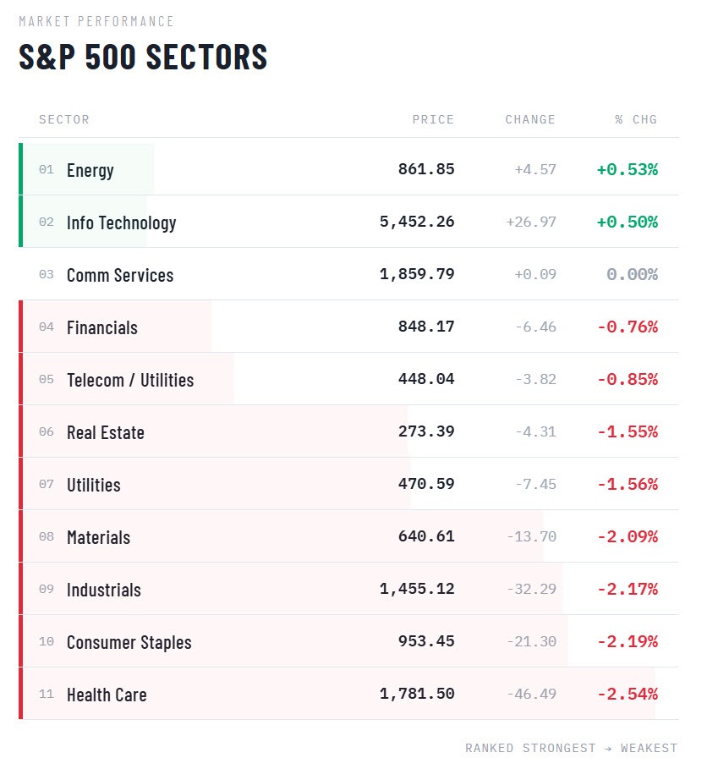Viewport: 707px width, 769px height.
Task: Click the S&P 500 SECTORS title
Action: [x=143, y=57]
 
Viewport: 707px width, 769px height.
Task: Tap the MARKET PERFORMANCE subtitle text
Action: [x=96, y=21]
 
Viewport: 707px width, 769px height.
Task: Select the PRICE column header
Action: [x=433, y=119]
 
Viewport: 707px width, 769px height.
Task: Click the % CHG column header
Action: [x=636, y=119]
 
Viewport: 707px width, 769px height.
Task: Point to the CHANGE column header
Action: [x=530, y=119]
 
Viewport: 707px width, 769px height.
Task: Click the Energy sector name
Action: [x=90, y=170]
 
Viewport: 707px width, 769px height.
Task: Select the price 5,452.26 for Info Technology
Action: [x=417, y=222]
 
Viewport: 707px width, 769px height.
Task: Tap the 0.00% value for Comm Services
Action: [x=632, y=274]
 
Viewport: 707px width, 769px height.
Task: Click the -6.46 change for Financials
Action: [x=535, y=327]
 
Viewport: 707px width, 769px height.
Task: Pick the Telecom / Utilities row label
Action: [x=130, y=380]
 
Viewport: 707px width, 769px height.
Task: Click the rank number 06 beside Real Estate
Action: [x=47, y=432]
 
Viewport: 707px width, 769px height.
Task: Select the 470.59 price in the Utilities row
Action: [x=426, y=484]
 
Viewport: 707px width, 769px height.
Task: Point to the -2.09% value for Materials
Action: [x=628, y=536]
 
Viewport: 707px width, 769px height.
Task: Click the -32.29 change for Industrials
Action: [x=532, y=589]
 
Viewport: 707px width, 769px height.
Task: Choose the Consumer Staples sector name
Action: [x=129, y=642]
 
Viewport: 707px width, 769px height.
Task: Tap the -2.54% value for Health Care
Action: [x=628, y=694]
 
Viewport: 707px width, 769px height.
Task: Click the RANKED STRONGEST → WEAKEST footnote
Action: [x=571, y=748]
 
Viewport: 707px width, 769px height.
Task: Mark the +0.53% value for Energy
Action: [x=627, y=169]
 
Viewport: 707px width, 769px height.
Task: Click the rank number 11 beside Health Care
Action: [x=47, y=695]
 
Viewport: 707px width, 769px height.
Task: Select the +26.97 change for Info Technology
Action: [x=531, y=222]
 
